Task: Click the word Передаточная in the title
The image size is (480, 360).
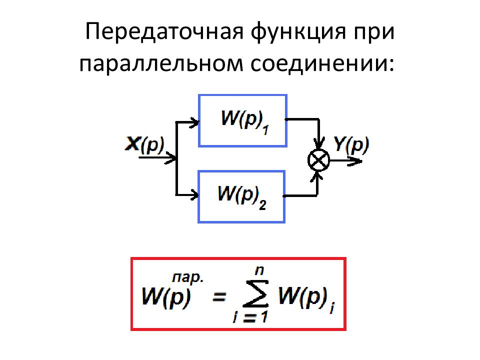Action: click(x=164, y=31)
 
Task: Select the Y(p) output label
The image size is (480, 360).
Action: click(x=351, y=144)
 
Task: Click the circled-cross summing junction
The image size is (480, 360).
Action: click(x=318, y=160)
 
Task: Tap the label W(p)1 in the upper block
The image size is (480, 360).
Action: click(x=244, y=121)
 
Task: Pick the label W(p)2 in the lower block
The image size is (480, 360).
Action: click(x=242, y=197)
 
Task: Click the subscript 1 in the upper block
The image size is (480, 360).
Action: click(x=265, y=130)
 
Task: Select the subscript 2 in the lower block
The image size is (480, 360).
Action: click(x=262, y=205)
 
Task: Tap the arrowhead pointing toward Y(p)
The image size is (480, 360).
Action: click(x=355, y=160)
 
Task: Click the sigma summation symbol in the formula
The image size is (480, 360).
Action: click(x=256, y=294)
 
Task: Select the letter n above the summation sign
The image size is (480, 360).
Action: click(x=259, y=271)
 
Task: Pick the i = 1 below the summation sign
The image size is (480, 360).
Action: click(x=250, y=317)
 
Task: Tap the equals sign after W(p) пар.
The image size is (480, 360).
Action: click(x=219, y=296)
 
